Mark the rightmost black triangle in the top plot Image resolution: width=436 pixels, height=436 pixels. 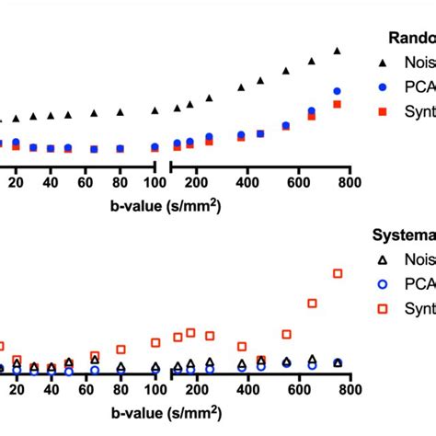(338, 52)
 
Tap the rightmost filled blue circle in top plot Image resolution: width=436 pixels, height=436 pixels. (338, 91)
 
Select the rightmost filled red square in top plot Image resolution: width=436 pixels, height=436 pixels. (338, 105)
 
